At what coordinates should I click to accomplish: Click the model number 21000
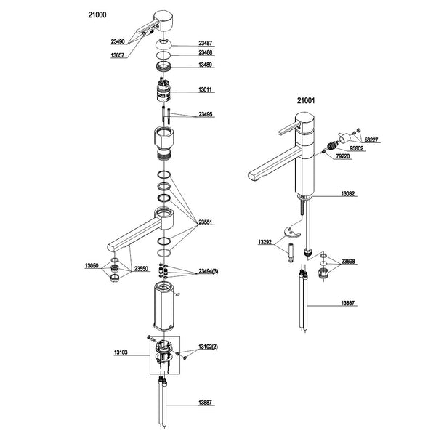pyautogui.click(x=97, y=15)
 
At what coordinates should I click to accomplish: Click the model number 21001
pyautogui.click(x=307, y=102)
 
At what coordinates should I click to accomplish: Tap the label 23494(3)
pyautogui.click(x=211, y=271)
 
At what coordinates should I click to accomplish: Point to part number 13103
pyautogui.click(x=121, y=352)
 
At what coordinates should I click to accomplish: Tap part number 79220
pyautogui.click(x=344, y=157)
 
